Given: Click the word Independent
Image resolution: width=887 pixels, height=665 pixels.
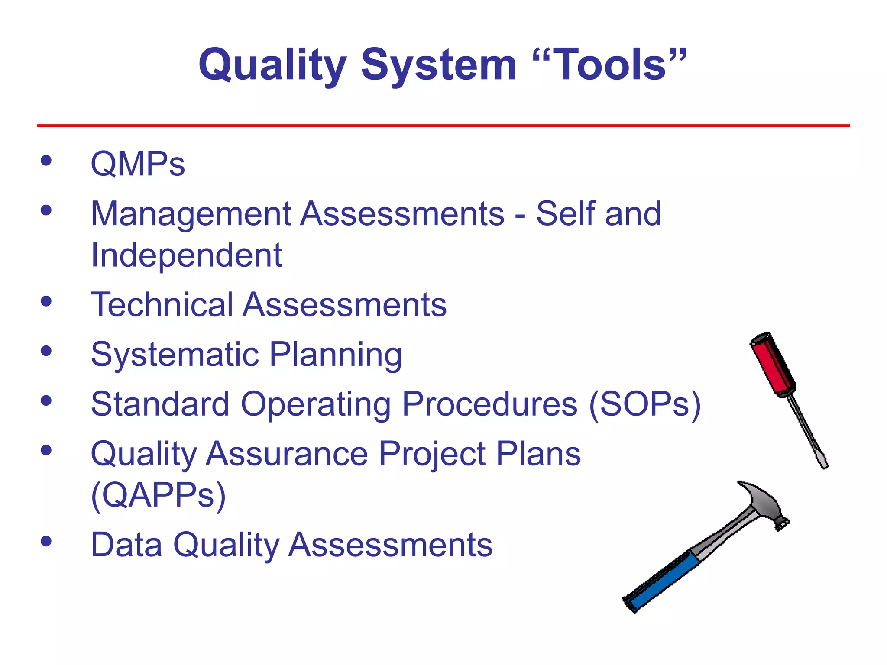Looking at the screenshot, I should point(186,255).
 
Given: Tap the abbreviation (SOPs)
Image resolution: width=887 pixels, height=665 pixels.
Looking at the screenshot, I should point(644,404).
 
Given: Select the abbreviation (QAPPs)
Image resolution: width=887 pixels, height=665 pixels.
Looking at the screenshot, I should point(159,495).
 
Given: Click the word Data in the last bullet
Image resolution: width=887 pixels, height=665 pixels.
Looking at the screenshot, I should point(126,545).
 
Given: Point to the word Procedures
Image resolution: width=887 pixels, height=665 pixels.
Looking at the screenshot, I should point(489,404).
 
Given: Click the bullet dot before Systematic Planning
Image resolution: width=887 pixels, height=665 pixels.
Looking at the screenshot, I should point(46,351).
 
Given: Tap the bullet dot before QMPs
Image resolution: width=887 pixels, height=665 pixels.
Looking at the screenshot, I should point(46,161).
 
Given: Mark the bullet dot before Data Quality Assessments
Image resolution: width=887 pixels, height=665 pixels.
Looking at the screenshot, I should point(46,541).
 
